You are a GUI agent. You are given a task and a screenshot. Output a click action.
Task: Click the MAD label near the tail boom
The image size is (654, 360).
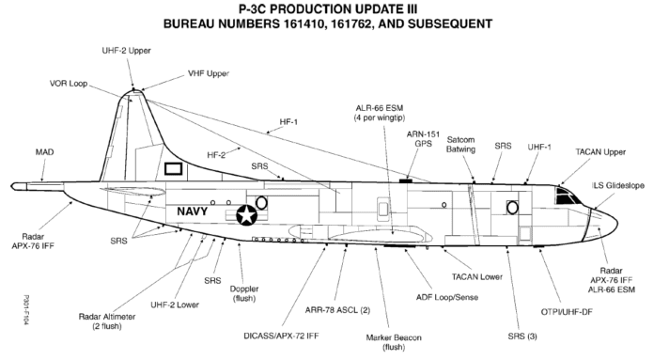(43, 150)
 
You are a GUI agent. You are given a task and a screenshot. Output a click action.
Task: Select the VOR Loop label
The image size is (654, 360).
(70, 83)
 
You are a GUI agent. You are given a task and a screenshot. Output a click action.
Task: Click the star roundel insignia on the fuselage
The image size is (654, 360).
(247, 215)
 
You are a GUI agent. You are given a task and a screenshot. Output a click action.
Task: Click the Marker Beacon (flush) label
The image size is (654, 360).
(390, 341)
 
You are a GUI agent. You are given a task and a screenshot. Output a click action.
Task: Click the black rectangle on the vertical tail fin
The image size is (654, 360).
(174, 170)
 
